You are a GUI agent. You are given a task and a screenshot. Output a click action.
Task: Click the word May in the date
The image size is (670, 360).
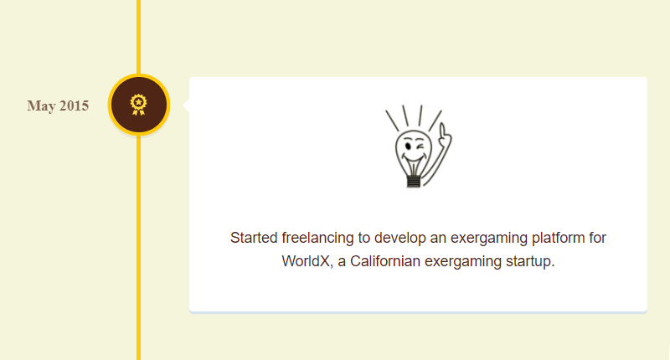tap(41, 106)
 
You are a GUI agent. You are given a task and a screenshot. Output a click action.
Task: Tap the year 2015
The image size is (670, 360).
tap(74, 105)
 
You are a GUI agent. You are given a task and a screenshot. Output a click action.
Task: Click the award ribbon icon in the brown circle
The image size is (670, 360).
tap(138, 105)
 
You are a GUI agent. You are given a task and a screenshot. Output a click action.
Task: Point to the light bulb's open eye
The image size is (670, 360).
tap(409, 147)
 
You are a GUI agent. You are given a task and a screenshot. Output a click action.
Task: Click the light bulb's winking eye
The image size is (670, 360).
tap(421, 147)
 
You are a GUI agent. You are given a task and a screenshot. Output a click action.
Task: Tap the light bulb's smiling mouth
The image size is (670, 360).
tap(413, 160)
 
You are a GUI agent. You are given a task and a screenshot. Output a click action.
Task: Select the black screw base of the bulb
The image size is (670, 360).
tap(413, 181)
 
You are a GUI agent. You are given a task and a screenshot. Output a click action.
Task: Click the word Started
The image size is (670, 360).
tap(254, 238)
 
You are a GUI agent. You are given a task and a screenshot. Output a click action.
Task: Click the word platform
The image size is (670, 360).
tap(556, 238)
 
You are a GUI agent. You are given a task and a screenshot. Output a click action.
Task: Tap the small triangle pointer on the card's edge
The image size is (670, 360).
tap(186, 105)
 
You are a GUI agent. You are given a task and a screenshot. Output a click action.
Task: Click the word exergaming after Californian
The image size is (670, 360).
tap(463, 262)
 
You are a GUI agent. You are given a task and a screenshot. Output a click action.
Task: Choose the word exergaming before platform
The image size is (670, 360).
tap(489, 239)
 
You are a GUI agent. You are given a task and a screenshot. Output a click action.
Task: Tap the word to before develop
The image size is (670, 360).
tap(364, 238)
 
